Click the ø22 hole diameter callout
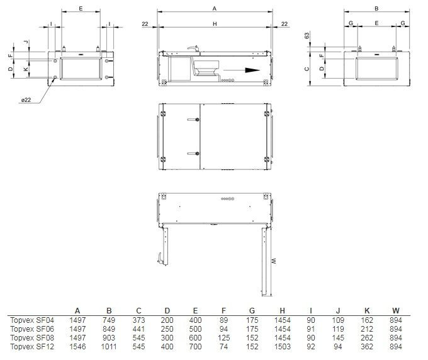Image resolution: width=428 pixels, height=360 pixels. (26, 100)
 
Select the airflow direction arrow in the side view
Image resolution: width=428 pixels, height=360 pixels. (242, 70)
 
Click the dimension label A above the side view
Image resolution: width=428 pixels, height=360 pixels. (215, 9)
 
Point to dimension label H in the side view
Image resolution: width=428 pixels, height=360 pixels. (215, 24)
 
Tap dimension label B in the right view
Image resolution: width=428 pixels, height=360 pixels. (376, 9)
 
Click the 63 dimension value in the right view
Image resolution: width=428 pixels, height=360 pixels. (307, 36)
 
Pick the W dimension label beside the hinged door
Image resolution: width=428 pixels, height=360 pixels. (274, 261)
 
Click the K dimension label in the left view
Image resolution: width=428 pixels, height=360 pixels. (26, 69)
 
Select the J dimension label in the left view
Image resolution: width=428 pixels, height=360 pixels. (26, 42)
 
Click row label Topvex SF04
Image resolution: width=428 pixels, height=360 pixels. (32, 320)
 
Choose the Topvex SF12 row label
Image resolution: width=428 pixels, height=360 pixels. (32, 347)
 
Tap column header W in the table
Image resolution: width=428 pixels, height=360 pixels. (396, 311)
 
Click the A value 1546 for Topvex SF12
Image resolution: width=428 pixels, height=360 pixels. (77, 347)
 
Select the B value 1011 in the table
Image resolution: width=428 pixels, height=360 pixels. (109, 347)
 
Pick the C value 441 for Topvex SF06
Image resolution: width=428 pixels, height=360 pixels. (138, 329)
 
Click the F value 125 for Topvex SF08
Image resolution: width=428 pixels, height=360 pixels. (224, 338)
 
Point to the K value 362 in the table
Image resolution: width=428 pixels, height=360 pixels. (367, 347)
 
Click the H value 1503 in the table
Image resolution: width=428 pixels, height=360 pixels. (282, 347)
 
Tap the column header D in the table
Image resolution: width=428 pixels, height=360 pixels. (167, 311)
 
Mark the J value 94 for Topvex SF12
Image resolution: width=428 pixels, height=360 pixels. (338, 347)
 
